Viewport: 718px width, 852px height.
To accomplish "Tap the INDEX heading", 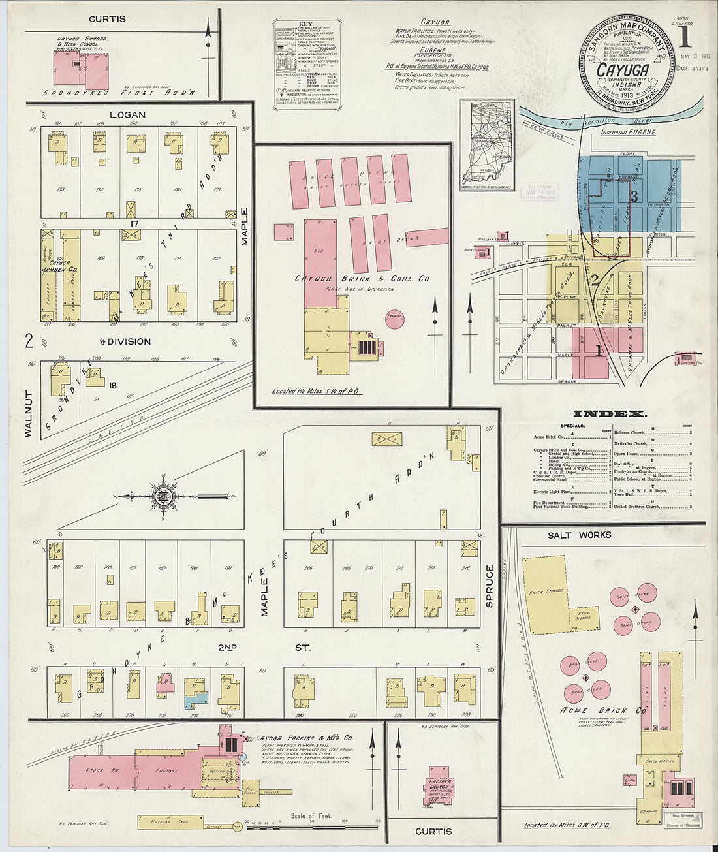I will [610, 414].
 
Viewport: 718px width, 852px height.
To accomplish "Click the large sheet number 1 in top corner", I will [685, 38].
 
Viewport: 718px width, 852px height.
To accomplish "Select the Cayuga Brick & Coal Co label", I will [362, 279].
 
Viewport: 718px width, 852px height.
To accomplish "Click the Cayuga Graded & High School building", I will [81, 67].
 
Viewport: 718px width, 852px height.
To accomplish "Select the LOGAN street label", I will [127, 115].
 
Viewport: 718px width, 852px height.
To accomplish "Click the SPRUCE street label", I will [490, 586].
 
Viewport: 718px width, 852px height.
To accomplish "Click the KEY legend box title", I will [305, 24].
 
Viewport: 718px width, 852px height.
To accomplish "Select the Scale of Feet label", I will [311, 816].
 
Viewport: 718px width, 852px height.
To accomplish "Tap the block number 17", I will [135, 223].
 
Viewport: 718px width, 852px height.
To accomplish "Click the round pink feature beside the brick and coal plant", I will [394, 319].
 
